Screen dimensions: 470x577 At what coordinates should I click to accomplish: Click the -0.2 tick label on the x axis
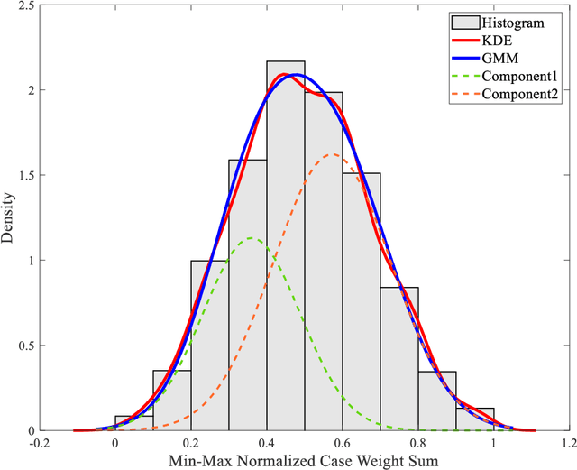point(39,443)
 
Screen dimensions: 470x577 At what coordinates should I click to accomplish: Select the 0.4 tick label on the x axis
point(266,443)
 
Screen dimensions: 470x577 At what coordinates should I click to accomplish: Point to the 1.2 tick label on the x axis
point(569,443)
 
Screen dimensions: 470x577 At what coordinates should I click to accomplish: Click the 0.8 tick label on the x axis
point(417,443)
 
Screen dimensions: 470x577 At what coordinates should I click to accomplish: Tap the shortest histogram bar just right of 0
point(133,423)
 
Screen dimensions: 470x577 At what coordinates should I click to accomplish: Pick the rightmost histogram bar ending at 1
point(474,419)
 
